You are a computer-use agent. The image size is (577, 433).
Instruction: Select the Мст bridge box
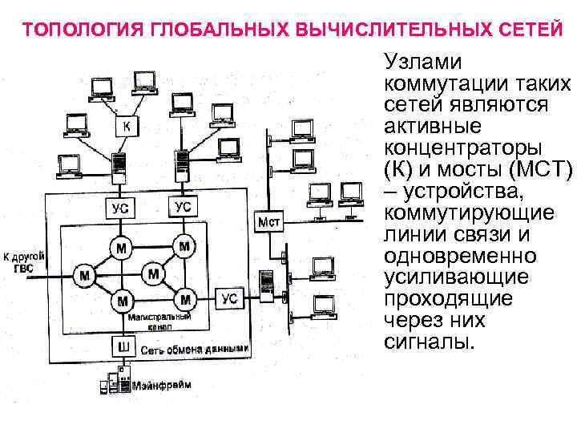point(268,221)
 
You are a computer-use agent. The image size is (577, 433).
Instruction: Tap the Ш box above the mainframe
point(123,346)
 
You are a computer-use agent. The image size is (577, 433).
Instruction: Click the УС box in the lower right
point(229,298)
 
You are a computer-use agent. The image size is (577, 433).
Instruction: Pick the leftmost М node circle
point(84,276)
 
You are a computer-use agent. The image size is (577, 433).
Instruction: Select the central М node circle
point(152,274)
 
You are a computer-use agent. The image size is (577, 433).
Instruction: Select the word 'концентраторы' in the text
point(463,148)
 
